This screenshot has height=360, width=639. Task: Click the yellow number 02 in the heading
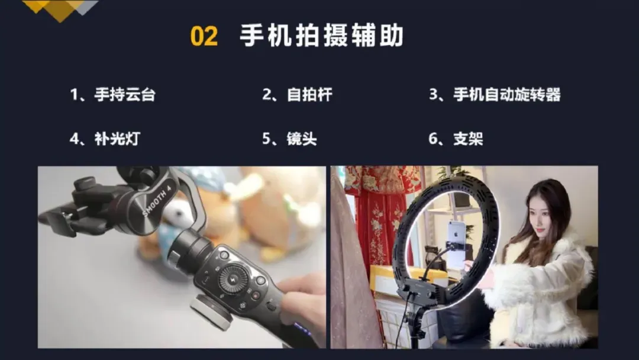[204, 36]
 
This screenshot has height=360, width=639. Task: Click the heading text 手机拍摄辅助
[321, 36]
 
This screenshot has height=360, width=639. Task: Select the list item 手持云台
[125, 95]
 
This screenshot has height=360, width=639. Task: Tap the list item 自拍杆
[309, 95]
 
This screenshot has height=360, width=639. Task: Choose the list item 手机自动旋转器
[507, 95]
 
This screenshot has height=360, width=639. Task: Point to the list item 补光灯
[117, 139]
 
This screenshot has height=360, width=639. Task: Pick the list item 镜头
[302, 139]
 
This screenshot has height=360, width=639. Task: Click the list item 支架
[468, 139]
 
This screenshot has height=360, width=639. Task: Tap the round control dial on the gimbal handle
[233, 279]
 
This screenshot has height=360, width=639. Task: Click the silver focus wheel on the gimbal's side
[212, 311]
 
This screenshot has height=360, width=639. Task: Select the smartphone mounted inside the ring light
[456, 244]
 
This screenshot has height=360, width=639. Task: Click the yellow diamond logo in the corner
[60, 9]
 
